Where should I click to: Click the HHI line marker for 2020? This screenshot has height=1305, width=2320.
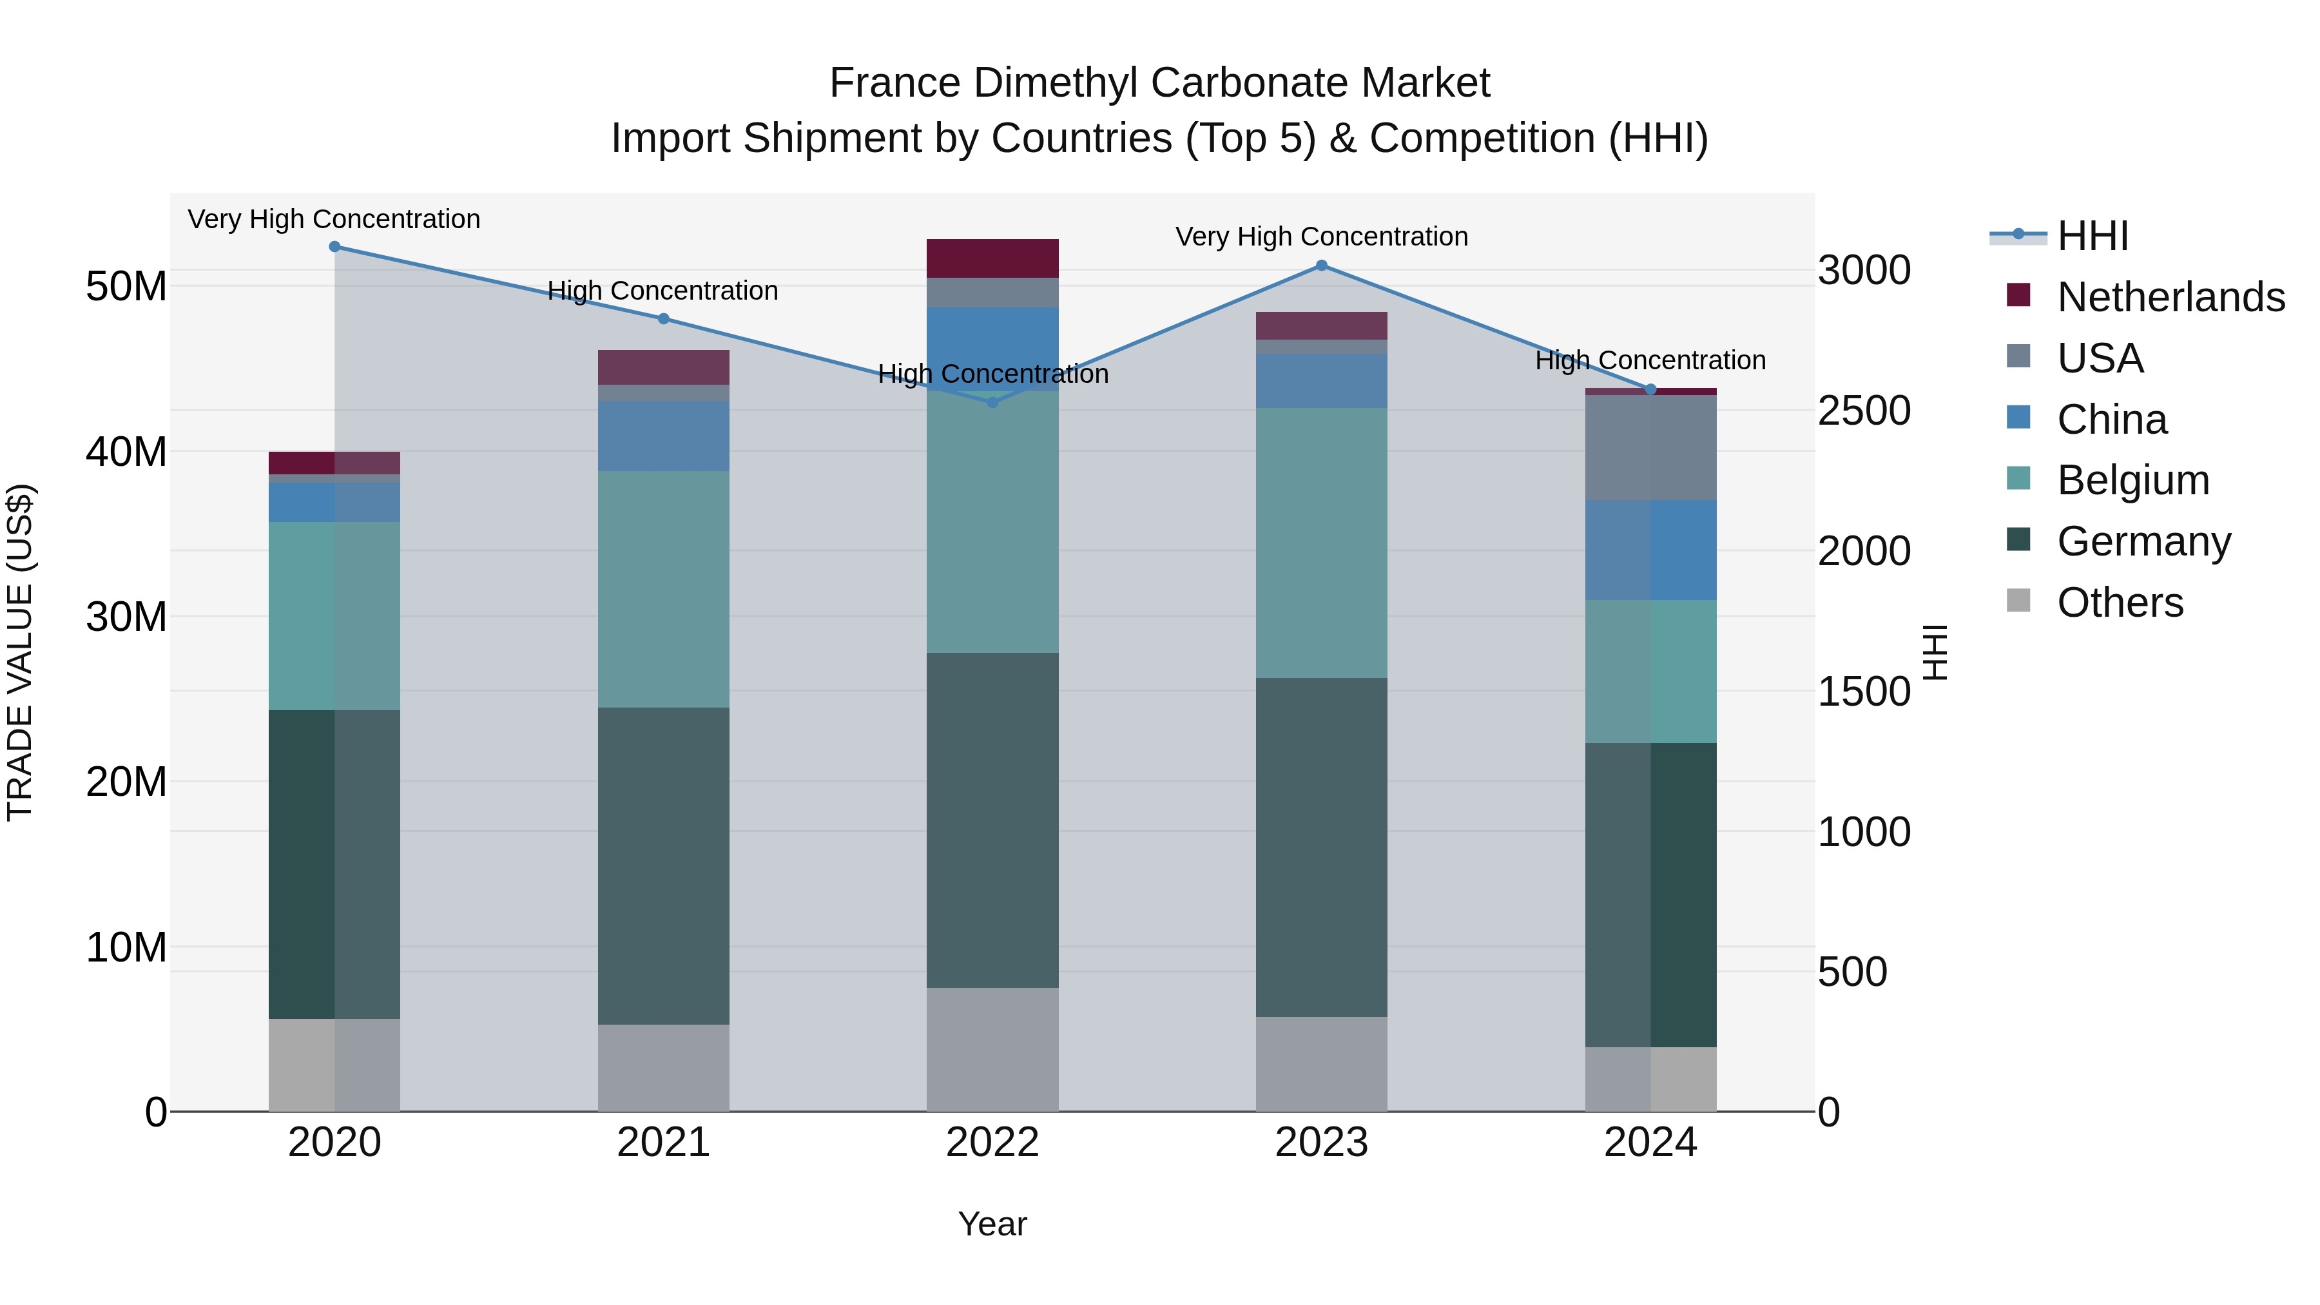tap(334, 247)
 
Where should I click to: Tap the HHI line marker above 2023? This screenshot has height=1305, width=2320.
tap(1321, 266)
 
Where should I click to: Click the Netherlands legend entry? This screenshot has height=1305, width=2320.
tap(2170, 297)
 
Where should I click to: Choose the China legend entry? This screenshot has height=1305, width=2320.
tap(2112, 420)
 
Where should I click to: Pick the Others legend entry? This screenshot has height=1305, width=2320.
tap(2120, 603)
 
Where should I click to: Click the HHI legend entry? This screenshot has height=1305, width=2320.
tap(2093, 236)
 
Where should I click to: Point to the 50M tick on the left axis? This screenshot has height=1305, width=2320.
tap(126, 286)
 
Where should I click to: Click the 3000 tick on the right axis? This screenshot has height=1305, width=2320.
tap(1863, 270)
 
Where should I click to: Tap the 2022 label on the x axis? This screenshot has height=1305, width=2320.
tap(992, 1143)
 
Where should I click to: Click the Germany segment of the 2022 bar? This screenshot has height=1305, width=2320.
tap(992, 820)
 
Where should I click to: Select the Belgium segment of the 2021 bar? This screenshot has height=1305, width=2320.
tap(664, 589)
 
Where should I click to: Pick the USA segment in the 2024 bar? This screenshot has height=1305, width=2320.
tap(1651, 448)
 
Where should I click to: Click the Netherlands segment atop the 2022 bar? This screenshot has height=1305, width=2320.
tap(992, 258)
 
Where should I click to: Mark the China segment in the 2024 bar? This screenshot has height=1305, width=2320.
tap(1651, 550)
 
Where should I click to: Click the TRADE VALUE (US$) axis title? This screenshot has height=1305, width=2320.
tap(20, 652)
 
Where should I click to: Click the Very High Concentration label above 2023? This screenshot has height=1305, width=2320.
tap(1321, 237)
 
